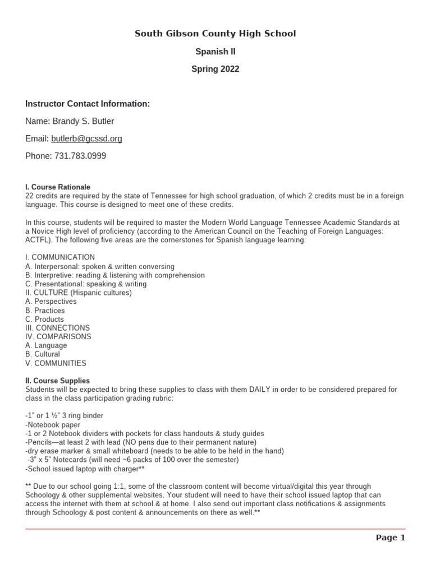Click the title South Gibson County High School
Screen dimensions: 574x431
[x=215, y=34]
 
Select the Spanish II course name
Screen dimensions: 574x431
[x=215, y=52]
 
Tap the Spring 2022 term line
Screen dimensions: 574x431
[x=215, y=69]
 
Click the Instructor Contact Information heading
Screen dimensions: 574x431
[x=88, y=104]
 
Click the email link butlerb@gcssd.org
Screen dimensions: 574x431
[x=86, y=138]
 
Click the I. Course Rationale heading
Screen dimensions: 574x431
[x=58, y=187]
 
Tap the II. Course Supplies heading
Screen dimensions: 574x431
[x=57, y=381]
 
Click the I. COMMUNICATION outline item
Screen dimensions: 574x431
[x=60, y=257]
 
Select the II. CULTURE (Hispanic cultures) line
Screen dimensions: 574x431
[x=79, y=293]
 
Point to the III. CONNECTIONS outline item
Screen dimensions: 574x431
[x=57, y=328]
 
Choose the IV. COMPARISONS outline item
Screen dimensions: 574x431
[x=58, y=337]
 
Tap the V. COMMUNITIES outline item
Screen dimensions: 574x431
[x=56, y=363]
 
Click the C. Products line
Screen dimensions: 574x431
[x=44, y=319]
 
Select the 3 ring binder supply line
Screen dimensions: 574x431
[x=65, y=415]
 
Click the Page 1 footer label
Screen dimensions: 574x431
[x=390, y=538]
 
